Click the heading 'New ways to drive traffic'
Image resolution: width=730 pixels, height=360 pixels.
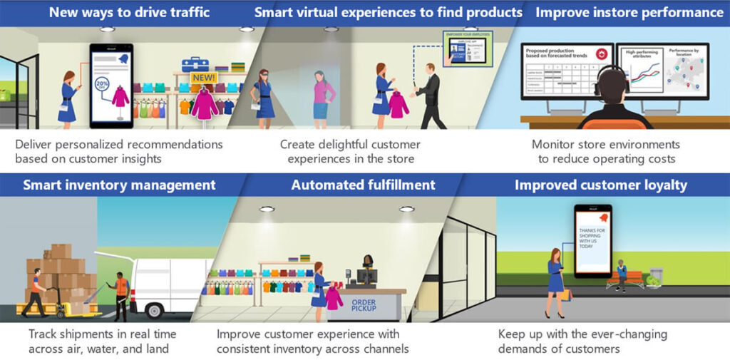click(129, 12)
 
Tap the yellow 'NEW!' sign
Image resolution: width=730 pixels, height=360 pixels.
click(205, 76)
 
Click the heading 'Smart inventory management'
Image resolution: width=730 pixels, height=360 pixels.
click(119, 185)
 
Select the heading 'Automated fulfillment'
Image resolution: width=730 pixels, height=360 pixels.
click(363, 185)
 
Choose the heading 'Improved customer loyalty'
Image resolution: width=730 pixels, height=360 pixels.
click(601, 185)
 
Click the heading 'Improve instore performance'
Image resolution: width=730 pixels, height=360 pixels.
click(629, 12)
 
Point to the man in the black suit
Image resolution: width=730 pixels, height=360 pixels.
click(431, 96)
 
